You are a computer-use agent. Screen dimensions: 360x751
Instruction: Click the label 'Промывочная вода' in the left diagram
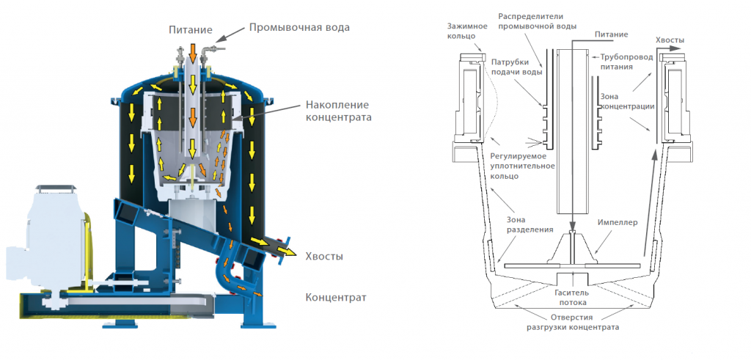(x=299, y=28)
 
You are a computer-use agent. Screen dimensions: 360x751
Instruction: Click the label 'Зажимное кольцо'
(x=466, y=30)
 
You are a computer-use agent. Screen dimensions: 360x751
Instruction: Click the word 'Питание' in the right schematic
(x=609, y=34)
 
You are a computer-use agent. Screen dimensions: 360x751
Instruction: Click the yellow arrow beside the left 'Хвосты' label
(x=293, y=254)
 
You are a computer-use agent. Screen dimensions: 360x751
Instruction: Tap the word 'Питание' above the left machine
(x=189, y=31)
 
